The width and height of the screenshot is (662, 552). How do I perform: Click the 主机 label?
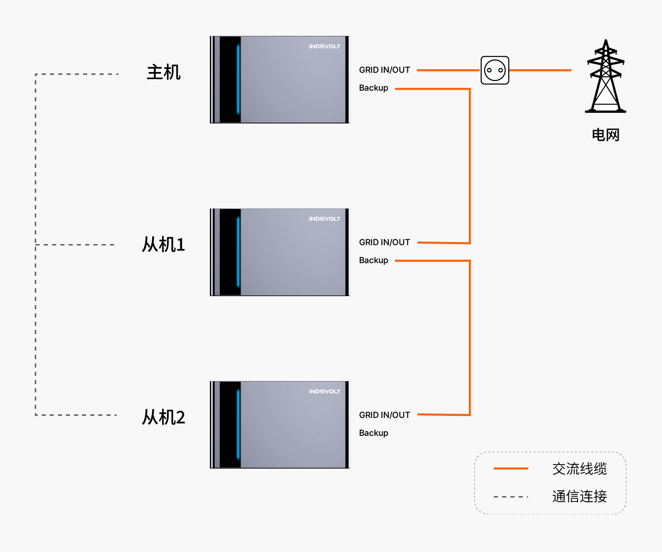tap(164, 72)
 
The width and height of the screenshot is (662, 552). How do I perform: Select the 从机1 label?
tap(164, 245)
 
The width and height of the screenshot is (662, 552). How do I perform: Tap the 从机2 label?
tap(164, 417)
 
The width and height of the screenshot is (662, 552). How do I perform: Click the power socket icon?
tap(495, 70)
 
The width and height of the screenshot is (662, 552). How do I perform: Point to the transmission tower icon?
tap(606, 76)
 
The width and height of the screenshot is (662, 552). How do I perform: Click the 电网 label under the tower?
tap(606, 135)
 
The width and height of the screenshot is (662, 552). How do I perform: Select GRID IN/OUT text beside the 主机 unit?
tap(385, 70)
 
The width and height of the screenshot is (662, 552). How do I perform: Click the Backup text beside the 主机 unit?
tap(374, 88)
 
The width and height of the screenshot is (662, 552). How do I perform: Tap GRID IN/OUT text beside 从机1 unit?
tap(385, 242)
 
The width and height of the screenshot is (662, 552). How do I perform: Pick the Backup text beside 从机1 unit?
tap(374, 260)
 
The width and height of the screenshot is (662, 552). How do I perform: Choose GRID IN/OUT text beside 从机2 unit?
tap(385, 415)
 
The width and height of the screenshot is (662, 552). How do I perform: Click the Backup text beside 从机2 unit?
tap(374, 433)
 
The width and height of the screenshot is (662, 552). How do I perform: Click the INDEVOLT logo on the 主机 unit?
tap(325, 47)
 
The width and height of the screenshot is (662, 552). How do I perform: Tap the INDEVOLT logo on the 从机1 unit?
tap(325, 219)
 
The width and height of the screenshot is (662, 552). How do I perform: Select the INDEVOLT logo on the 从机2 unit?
tap(325, 392)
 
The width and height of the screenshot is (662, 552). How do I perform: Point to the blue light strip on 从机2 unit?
tap(238, 424)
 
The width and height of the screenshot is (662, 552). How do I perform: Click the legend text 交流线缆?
tap(580, 469)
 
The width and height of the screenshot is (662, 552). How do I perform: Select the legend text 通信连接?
tap(580, 496)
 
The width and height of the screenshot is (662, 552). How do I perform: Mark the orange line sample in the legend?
tap(511, 469)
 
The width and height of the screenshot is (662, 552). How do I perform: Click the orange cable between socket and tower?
tap(540, 70)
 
